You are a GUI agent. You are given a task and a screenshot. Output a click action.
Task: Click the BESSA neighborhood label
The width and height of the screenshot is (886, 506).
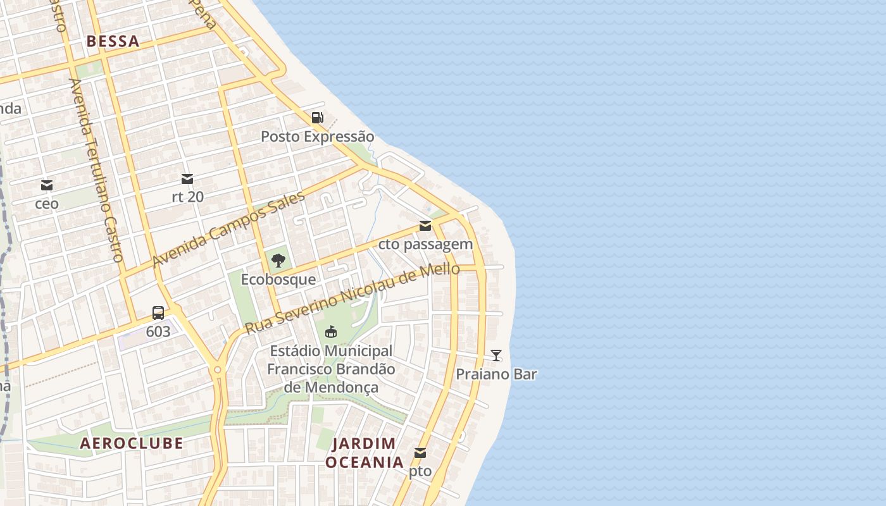tap(113, 42)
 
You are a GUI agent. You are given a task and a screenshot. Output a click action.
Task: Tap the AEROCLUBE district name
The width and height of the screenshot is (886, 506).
tap(132, 443)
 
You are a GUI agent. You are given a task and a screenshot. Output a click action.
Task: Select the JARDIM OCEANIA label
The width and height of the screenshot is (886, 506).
tap(364, 453)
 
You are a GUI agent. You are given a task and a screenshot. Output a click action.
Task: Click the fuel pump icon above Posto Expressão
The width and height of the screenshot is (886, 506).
tap(318, 117)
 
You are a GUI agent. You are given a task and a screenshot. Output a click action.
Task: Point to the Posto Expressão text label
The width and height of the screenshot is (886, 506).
tap(318, 137)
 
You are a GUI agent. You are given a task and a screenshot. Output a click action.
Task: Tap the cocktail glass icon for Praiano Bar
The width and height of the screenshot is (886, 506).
tap(496, 355)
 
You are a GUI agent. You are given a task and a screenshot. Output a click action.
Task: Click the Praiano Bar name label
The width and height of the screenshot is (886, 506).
tap(496, 374)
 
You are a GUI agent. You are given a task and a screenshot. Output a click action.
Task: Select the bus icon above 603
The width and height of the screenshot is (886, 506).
tap(158, 312)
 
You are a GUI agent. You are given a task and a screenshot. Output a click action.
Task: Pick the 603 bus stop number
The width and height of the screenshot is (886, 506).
tap(158, 331)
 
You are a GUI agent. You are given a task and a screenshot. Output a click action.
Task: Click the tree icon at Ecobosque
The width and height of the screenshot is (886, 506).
tap(278, 260)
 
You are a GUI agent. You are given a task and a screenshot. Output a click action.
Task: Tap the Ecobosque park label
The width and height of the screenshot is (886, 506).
tap(278, 279)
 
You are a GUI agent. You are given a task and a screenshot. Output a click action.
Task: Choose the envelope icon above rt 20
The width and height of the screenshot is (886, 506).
tap(187, 179)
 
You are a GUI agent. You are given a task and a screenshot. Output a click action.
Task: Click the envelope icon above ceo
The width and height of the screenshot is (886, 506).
tap(47, 185)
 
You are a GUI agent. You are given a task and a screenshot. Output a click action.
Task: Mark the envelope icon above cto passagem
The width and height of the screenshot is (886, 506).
tap(425, 226)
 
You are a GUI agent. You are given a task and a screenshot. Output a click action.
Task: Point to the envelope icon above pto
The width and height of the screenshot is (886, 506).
tap(420, 453)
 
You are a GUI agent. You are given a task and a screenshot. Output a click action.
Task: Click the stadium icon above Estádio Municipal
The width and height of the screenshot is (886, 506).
tap(331, 331)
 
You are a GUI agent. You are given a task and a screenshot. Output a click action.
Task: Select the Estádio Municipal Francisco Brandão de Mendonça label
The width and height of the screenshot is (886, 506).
tap(331, 369)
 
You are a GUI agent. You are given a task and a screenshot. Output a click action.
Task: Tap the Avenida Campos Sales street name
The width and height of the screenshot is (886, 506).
tap(228, 229)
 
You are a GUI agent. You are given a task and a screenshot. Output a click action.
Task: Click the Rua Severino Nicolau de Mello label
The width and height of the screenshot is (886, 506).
tap(352, 298)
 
